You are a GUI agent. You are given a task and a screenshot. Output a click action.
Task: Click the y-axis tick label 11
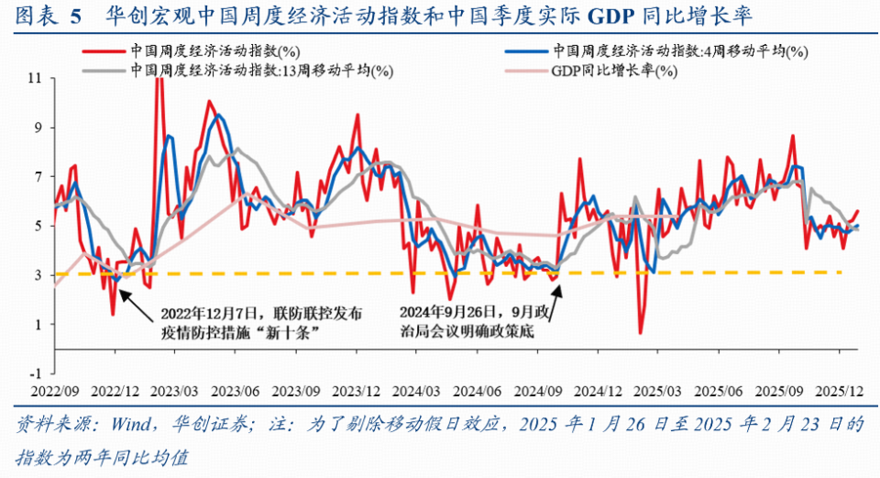(x=37, y=79)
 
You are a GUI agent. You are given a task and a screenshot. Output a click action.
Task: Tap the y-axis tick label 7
(x=39, y=177)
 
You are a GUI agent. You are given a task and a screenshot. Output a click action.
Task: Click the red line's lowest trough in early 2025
(x=639, y=332)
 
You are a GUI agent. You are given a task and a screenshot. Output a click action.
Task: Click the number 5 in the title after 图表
(x=76, y=16)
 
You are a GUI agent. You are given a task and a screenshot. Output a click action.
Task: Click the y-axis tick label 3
(x=39, y=275)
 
